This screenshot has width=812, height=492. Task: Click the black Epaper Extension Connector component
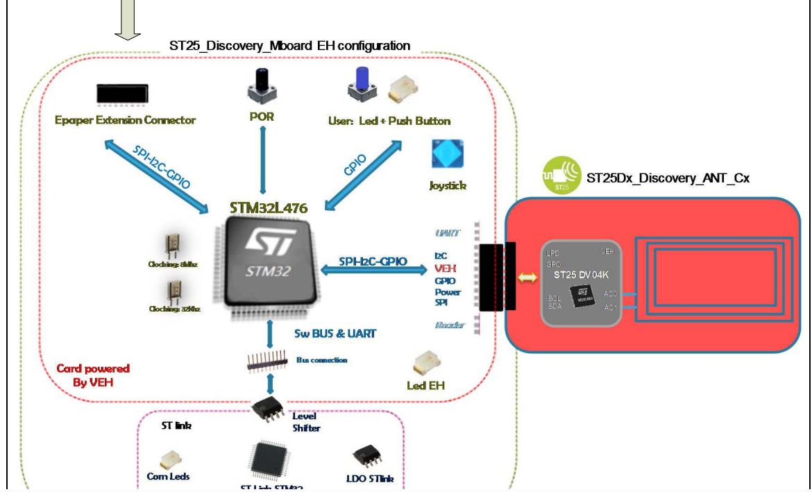pyautogui.click(x=121, y=93)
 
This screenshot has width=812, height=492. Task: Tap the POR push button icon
pyautogui.click(x=262, y=86)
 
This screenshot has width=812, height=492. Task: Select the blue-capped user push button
pyautogui.click(x=362, y=84)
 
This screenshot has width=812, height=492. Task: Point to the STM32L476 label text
pyautogui.click(x=269, y=207)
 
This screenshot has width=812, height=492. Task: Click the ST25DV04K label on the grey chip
pyautogui.click(x=581, y=275)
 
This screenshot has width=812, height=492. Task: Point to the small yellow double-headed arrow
pyautogui.click(x=528, y=278)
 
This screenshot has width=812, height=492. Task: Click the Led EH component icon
pyautogui.click(x=424, y=363)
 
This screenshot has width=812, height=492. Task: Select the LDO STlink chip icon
pyautogui.click(x=366, y=455)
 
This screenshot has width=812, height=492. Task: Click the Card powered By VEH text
pyautogui.click(x=93, y=375)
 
